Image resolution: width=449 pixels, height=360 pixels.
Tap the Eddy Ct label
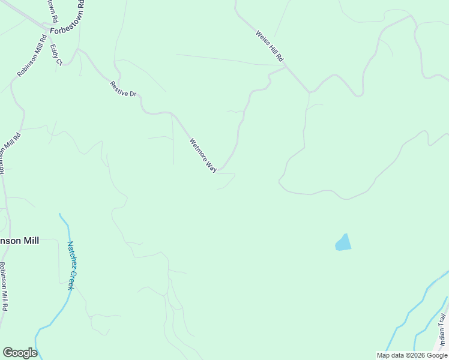click(56, 54)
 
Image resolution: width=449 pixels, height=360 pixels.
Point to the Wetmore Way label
click(203, 155)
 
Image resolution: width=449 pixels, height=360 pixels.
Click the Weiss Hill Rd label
click(270, 47)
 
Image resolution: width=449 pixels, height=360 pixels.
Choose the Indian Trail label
click(442, 330)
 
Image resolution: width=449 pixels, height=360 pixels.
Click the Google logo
click(20, 353)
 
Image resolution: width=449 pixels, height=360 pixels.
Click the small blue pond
click(343, 243)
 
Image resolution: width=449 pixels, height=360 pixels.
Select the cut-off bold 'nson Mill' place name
click(19, 241)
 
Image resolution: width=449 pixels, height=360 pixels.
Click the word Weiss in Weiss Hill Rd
click(262, 38)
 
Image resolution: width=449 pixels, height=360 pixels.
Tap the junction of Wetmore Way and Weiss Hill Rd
click(286, 67)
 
